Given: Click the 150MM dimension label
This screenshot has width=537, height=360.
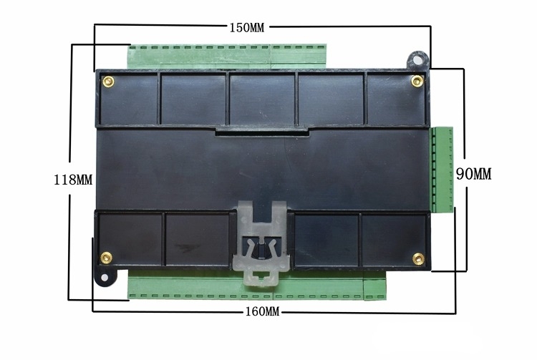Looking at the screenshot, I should tap(247, 28).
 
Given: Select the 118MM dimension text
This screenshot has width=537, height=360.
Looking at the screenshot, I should tap(74, 180).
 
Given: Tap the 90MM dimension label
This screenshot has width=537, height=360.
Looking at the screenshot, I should tap(474, 174).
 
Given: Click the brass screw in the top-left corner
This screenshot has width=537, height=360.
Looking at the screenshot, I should tap(107, 80).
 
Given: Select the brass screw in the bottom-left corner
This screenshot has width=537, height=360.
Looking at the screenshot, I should tap(107, 256).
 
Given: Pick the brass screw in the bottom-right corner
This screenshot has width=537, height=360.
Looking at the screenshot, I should tap(417, 257).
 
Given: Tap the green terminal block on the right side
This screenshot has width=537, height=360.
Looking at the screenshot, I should tap(444, 170).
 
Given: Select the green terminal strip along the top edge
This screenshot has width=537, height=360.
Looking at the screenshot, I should tap(226, 54).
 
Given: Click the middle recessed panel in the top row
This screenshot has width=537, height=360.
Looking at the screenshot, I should tap(261, 99).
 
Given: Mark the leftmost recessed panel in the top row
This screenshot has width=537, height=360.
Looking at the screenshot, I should tap(127, 99).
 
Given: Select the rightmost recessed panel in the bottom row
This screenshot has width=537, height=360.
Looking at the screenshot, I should tap(394, 239).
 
